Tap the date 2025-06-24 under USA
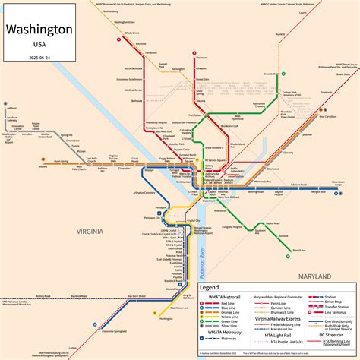coord(39,56)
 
